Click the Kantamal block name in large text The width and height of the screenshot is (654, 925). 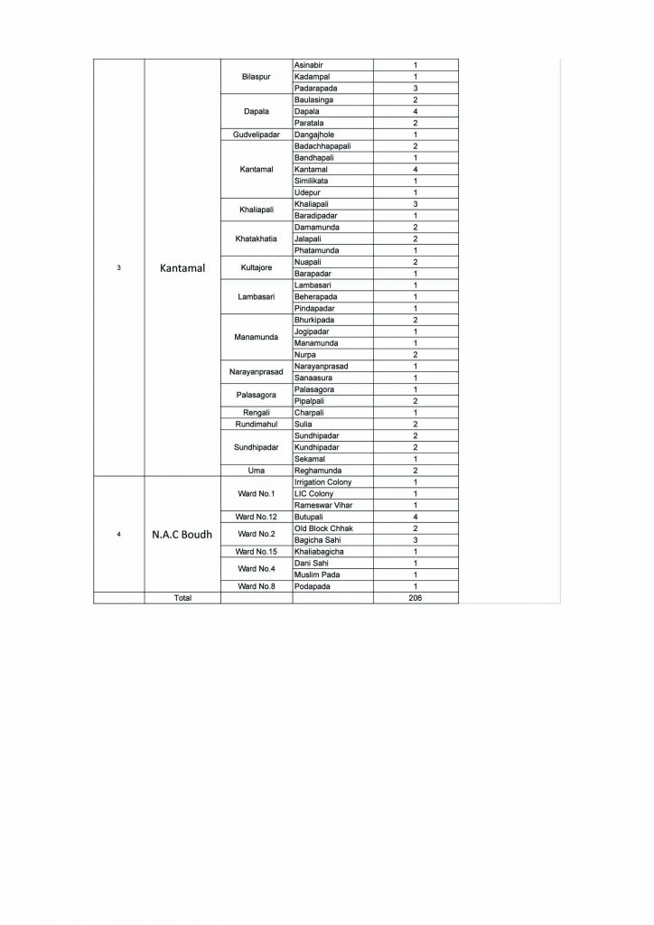click(183, 268)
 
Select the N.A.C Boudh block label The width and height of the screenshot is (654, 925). click(182, 534)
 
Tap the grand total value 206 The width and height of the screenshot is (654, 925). click(415, 598)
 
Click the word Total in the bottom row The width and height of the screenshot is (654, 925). click(182, 598)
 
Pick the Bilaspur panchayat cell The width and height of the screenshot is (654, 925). click(257, 77)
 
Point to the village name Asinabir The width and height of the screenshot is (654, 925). click(309, 66)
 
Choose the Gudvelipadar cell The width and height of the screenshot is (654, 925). click(257, 135)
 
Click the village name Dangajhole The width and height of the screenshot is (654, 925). click(315, 135)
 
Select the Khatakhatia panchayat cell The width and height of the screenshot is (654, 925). click(257, 238)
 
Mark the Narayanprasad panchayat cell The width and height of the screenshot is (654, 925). click(257, 371)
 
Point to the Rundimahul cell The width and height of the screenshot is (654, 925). click(257, 424)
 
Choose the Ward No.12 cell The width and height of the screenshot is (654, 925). click(257, 517)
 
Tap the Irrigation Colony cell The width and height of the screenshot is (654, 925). click(322, 482)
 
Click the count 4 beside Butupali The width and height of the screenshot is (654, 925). click(415, 517)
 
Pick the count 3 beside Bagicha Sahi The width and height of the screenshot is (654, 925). click(415, 539)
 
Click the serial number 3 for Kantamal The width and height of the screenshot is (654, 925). click(119, 268)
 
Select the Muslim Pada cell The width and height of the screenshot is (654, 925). click(316, 575)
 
